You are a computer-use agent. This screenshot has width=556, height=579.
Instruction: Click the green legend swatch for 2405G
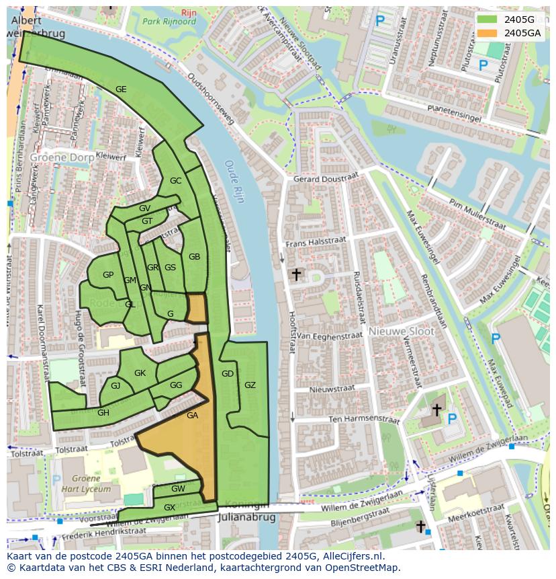[x=488, y=20]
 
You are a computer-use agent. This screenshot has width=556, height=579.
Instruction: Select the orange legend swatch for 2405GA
[x=488, y=32]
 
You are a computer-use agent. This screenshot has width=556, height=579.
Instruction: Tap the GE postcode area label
[x=121, y=89]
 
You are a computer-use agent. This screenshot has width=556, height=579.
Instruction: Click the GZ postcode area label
[x=250, y=385]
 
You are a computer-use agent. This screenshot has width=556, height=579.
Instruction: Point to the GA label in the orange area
[x=192, y=416]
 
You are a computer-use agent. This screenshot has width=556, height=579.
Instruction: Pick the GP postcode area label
[x=108, y=275]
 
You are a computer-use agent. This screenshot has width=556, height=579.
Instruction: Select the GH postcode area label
[x=103, y=413]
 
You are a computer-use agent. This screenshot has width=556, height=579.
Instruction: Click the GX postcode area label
[x=170, y=507]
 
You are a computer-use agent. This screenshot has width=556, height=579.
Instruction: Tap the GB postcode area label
[x=194, y=257]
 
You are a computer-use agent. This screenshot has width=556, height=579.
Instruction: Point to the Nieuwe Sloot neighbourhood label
[x=401, y=332]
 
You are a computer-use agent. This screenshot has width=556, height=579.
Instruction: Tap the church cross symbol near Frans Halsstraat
[x=295, y=274]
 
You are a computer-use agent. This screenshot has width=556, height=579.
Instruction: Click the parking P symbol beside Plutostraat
[x=483, y=65]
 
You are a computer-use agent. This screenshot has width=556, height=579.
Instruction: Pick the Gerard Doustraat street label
[x=326, y=179]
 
